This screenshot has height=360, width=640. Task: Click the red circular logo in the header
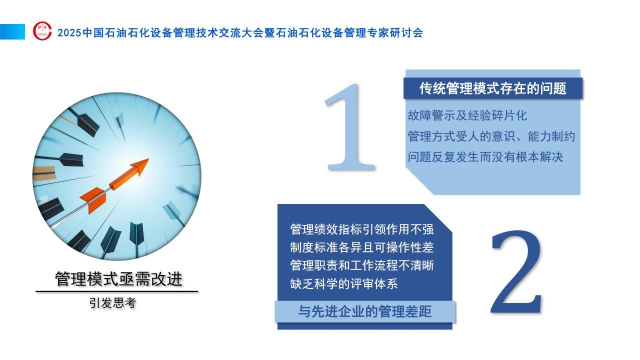[42, 31]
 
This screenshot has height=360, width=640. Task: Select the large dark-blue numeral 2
[516, 271]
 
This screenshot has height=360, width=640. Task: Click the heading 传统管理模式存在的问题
[493, 88]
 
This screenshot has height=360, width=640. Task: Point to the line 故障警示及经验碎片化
[467, 115]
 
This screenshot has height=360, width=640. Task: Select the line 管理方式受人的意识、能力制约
[491, 136]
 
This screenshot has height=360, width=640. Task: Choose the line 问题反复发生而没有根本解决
[485, 157]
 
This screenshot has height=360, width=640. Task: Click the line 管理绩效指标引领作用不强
[362, 229]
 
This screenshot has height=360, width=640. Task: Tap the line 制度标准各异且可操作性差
[362, 247]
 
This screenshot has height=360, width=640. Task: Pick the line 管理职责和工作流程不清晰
[362, 265]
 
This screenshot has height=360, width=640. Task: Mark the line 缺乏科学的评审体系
[344, 283]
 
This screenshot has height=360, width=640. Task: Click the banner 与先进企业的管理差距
[365, 311]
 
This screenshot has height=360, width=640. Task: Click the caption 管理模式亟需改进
[118, 279]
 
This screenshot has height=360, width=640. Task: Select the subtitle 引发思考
[112, 303]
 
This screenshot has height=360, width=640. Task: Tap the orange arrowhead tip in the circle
[148, 159]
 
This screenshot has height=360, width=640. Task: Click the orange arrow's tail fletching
[93, 199]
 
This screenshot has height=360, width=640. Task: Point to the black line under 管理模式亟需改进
[117, 291]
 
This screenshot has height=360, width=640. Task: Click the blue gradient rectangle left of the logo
[12, 31]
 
